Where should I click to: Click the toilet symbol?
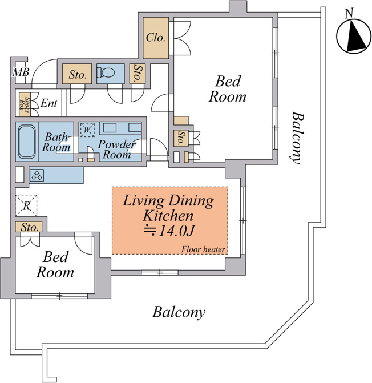coord(106,72)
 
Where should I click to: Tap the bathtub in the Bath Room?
coord(27,142)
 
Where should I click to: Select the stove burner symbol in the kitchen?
coord(37,175)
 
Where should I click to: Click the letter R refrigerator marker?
coord(26,205)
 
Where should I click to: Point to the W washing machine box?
coord(87,130)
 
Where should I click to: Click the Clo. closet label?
coord(156,38)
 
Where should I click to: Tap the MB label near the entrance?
coord(21,72)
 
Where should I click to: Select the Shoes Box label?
coord(25,104)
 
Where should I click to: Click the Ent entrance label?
coord(49,103)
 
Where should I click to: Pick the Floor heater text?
coord(203,249)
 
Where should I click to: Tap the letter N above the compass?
coord(349,13)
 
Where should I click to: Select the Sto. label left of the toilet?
coord(78,75)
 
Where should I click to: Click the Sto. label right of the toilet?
coord(138,73)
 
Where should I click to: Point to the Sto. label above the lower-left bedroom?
coord(30,227)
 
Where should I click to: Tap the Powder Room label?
coord(116,149)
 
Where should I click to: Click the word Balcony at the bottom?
coord(179,312)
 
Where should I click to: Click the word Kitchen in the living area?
coord(168,215)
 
